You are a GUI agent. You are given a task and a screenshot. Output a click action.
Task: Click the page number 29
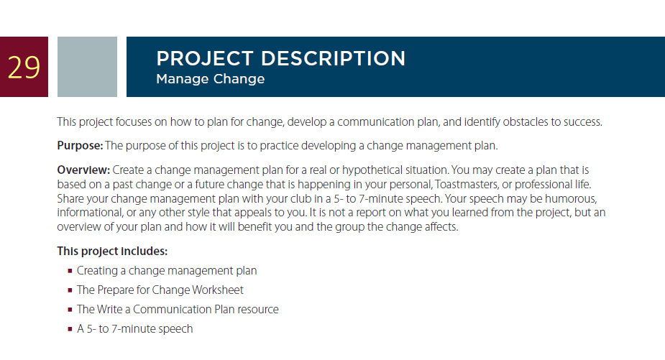(x=24, y=68)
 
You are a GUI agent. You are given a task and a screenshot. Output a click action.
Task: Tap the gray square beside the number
(x=88, y=67)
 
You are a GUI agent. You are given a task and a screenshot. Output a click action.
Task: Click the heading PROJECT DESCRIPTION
(x=281, y=58)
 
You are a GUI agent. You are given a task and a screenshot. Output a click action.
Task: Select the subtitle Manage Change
(x=211, y=79)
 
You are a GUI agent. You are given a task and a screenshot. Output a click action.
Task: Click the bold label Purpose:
(x=80, y=146)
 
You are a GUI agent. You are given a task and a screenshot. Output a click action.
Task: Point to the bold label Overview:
(x=83, y=170)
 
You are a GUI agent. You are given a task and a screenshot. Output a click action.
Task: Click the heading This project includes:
(x=112, y=251)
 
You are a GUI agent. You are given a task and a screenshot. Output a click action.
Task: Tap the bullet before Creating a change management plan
(x=70, y=270)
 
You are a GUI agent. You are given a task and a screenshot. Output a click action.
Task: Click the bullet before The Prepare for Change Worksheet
(x=70, y=290)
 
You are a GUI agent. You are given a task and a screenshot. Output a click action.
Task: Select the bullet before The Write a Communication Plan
(x=70, y=310)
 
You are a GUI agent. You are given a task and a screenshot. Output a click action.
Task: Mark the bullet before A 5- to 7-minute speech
(x=70, y=329)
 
